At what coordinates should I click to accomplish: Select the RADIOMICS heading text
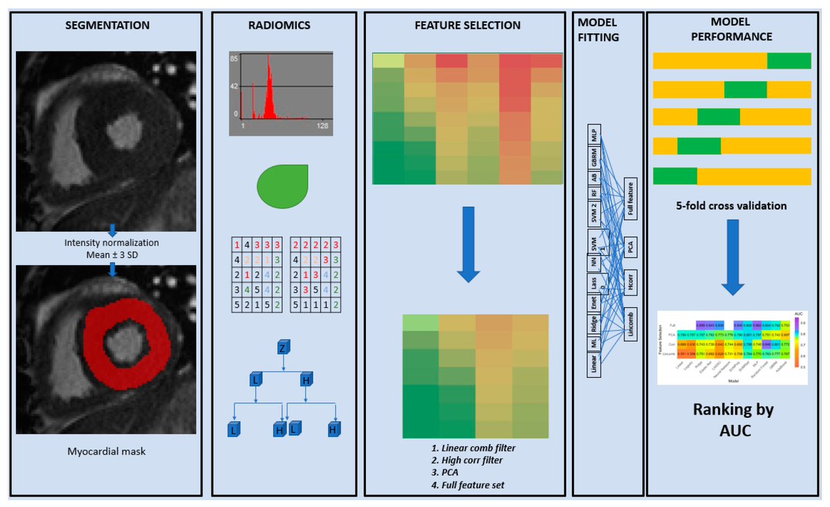pos(279,26)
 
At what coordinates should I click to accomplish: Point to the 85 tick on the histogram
pos(234,59)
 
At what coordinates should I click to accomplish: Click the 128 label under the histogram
pos(322,128)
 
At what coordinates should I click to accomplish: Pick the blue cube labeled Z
pos(282,347)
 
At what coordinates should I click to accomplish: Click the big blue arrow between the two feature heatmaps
pos(468,243)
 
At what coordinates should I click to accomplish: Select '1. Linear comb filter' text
pos(472,448)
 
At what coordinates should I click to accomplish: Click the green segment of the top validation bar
pos(788,61)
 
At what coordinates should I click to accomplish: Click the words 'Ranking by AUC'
pos(733,421)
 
